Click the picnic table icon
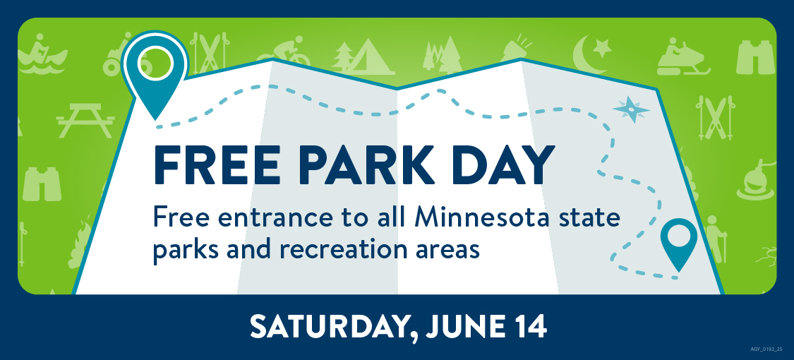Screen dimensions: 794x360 (85, 121)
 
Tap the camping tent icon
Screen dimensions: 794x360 (364, 56)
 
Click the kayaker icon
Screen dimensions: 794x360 (42, 54)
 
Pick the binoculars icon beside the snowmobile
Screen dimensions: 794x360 (755, 56)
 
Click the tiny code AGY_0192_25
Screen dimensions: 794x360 (766, 349)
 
